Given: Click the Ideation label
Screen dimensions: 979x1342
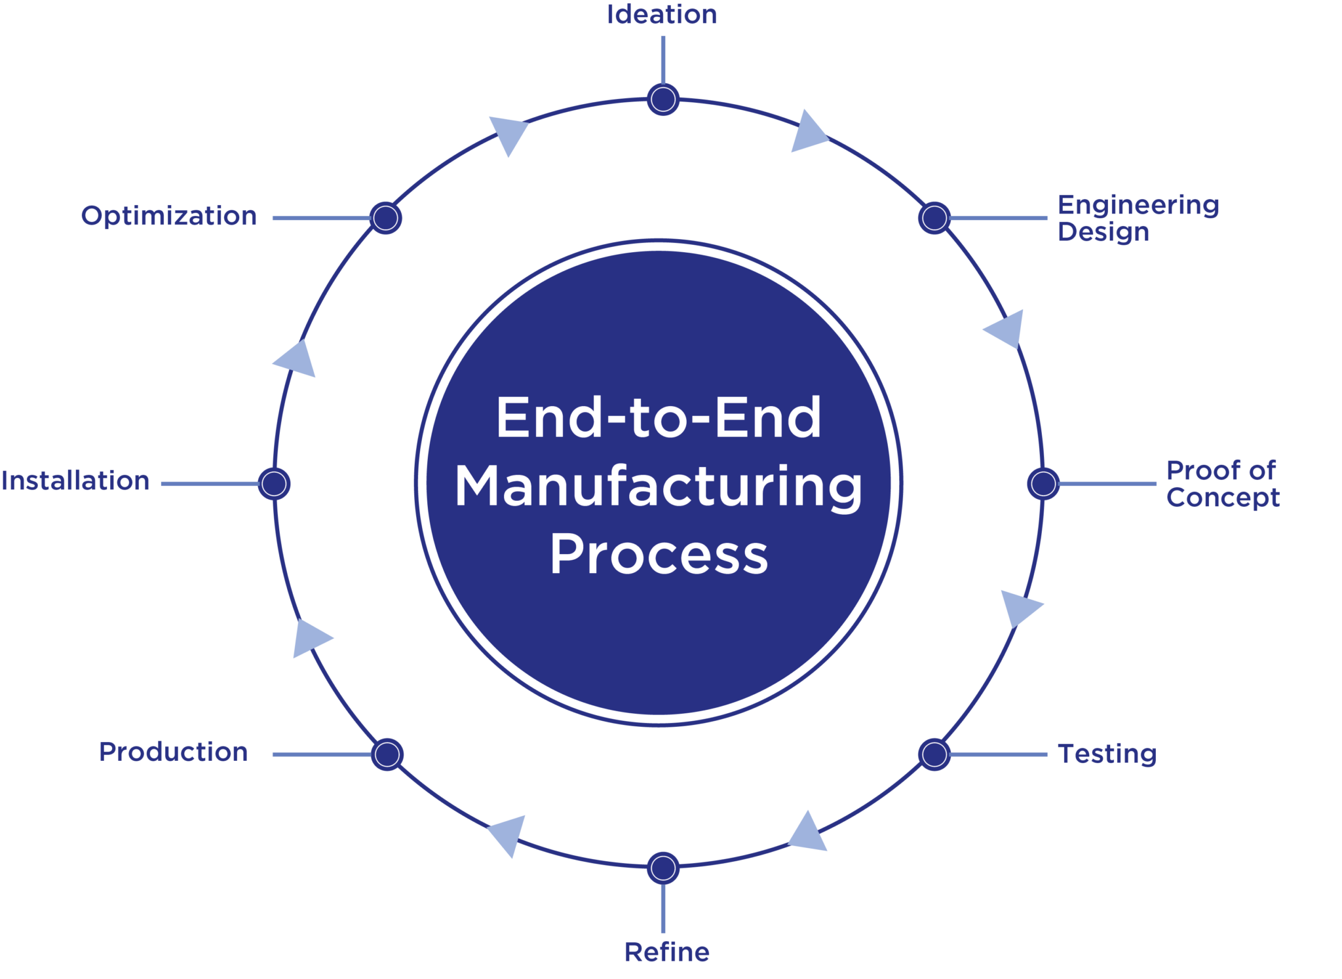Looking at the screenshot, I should click(x=662, y=14).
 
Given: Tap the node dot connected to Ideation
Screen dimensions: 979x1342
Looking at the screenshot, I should click(x=662, y=100).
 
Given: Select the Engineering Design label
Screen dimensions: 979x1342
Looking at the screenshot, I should click(x=1138, y=218).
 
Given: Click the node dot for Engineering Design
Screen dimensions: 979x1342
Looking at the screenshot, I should click(x=934, y=217).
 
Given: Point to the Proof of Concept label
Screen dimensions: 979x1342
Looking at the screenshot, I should click(x=1222, y=484).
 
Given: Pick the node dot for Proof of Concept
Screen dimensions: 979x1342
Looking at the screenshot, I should click(x=1043, y=484).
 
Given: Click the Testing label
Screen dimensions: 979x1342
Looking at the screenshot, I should click(x=1107, y=754).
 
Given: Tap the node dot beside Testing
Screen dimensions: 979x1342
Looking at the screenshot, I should click(x=934, y=754).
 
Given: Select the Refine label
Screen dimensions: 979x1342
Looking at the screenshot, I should click(x=667, y=951).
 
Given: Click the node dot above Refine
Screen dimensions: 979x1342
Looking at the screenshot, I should click(x=662, y=868).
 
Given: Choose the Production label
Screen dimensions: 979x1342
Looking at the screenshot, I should click(x=173, y=752).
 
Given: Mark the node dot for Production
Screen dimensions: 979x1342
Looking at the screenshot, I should click(x=387, y=754).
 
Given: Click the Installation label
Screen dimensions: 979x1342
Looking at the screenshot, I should click(x=75, y=481).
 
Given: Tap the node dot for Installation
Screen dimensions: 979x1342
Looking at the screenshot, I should click(x=274, y=484).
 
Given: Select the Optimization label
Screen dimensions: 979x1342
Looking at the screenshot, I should click(x=168, y=216).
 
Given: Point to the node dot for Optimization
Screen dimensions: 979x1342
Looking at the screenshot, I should click(x=385, y=217).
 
